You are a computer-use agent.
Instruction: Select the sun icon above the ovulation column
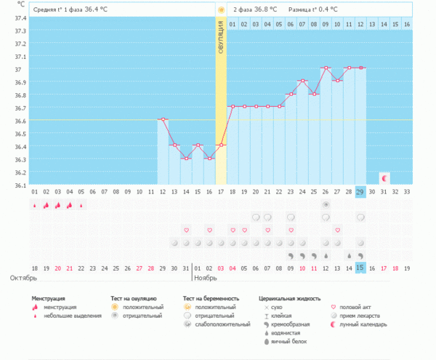[x=221, y=10]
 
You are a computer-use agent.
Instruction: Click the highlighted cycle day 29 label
[x=360, y=192]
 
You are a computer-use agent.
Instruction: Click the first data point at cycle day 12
[x=162, y=119]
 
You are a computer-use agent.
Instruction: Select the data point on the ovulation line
[x=221, y=145]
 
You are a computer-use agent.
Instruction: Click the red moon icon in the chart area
[x=384, y=177]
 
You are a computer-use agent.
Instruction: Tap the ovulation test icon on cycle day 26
[x=326, y=205]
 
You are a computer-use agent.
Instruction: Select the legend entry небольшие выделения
[x=62, y=316]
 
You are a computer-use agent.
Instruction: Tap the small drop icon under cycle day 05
[x=81, y=205]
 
